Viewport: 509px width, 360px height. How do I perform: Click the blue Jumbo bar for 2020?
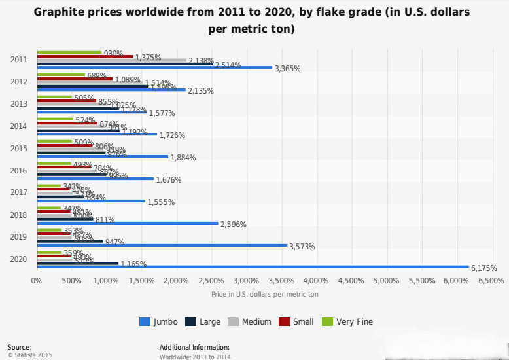coord(253,267)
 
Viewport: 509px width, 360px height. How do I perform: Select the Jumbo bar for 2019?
coord(162,245)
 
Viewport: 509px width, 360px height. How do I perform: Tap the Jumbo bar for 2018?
coord(127,223)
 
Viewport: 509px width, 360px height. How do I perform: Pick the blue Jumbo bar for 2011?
coord(154,67)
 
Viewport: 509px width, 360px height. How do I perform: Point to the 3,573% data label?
coord(302,246)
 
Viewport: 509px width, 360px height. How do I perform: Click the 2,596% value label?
coord(234,224)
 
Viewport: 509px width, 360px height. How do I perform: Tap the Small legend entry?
coord(298,321)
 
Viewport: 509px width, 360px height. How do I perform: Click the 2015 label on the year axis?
coord(19,149)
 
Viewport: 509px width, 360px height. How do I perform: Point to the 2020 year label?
coord(19,259)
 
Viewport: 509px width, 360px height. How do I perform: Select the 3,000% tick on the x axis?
coord(247,280)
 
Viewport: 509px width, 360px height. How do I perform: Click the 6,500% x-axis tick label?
coord(491,280)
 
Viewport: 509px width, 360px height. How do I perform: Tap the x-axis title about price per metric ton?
coord(265,294)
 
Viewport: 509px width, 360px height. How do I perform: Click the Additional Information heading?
coord(194,347)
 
